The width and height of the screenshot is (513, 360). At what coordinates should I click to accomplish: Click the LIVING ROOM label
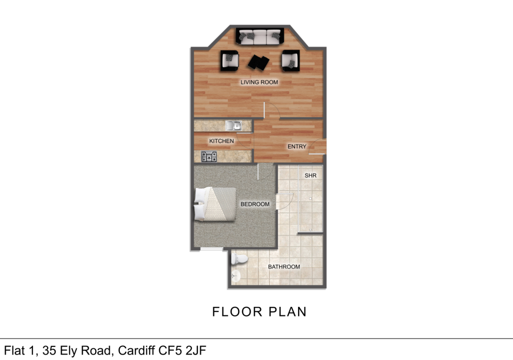259,82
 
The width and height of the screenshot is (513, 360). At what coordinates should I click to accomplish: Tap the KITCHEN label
221,141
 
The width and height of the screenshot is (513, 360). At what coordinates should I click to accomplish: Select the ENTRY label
297,147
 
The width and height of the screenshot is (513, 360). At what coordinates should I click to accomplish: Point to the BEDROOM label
255,204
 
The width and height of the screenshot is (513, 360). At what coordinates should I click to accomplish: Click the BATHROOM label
284,267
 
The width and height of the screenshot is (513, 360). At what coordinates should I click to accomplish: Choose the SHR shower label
311,176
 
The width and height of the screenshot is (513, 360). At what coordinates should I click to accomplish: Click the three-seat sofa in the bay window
259,36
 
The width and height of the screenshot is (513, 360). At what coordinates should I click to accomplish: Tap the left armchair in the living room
229,61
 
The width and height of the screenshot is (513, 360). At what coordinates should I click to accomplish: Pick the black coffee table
259,62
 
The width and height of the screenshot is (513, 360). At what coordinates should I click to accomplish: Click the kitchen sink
233,126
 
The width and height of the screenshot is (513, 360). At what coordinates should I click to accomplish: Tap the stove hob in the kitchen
208,157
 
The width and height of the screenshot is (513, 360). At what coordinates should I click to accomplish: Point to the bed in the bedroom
215,204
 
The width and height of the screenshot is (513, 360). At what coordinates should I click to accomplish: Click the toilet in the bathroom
238,259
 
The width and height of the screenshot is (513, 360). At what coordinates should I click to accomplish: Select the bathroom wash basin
235,275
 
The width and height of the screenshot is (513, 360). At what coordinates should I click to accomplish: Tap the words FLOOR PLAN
259,311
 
